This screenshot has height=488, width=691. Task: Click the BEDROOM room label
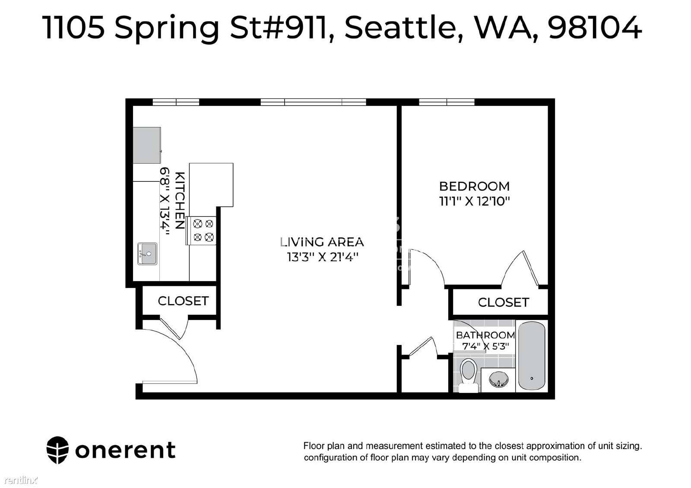point(474,186)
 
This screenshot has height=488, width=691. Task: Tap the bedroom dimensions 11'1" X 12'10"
point(475,201)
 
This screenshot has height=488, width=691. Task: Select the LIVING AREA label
point(322,242)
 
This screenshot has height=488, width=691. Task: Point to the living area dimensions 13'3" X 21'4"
point(323,257)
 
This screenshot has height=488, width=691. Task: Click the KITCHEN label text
point(180,200)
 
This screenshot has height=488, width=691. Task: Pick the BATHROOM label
point(485,335)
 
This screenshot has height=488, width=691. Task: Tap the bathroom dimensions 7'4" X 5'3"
point(485,346)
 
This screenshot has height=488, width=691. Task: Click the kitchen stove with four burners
point(201,231)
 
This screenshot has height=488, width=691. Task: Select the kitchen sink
point(147,254)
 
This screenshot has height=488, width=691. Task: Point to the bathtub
point(532,356)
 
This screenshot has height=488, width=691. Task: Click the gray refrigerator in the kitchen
point(147,145)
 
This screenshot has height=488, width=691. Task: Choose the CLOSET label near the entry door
point(183,301)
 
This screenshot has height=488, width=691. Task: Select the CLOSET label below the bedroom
point(504,303)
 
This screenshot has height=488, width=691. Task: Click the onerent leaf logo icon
point(57,450)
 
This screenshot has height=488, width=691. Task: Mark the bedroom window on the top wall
point(447,102)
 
